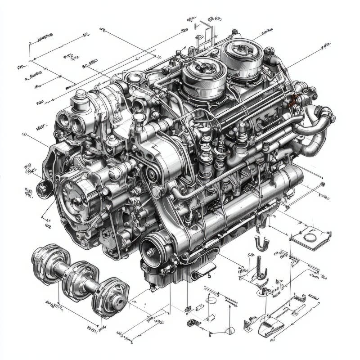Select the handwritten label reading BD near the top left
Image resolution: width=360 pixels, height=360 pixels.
point(40,103)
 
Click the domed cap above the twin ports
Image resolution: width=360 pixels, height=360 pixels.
point(81,97)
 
